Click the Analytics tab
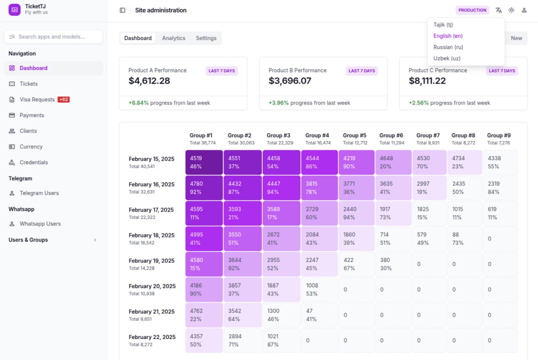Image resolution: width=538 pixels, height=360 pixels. click(x=174, y=38)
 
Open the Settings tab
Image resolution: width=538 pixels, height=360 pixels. click(x=206, y=38)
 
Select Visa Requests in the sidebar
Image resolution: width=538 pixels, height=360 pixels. click(x=37, y=100)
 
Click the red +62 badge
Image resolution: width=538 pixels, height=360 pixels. click(x=63, y=100)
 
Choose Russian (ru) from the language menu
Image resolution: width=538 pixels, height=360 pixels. click(x=448, y=47)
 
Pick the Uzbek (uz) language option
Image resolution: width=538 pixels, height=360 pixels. click(x=447, y=58)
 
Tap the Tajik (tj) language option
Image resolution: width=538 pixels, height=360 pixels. click(x=443, y=25)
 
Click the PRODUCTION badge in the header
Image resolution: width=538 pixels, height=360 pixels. click(x=472, y=10)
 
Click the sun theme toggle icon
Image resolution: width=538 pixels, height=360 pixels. click(x=511, y=10)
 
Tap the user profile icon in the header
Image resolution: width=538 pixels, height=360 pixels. click(x=524, y=10)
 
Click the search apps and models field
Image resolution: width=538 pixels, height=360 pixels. click(x=53, y=37)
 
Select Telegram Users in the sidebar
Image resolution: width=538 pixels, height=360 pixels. click(x=39, y=193)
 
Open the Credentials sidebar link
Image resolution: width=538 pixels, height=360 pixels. click(x=34, y=163)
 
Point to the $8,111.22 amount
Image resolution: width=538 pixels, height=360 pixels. click(x=427, y=81)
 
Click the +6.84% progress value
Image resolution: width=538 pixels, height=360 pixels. click(x=139, y=103)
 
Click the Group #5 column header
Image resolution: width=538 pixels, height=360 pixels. click(x=354, y=136)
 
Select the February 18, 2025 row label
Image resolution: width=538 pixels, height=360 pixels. click(x=151, y=235)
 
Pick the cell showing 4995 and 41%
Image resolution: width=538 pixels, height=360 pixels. click(x=204, y=239)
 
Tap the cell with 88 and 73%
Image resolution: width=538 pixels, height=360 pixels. click(x=464, y=239)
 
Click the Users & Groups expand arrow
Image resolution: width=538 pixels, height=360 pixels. click(x=95, y=240)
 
